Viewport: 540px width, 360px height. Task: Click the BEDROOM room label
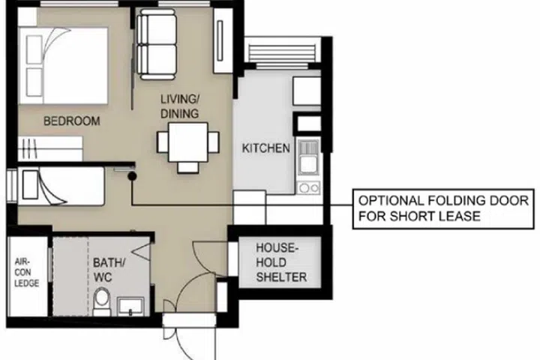click(71, 121)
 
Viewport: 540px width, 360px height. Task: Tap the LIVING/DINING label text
click(179, 106)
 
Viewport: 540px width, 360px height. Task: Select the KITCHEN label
click(265, 148)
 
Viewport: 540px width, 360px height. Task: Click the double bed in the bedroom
click(64, 63)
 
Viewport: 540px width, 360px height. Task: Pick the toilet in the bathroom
click(103, 302)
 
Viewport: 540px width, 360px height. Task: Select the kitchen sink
click(307, 159)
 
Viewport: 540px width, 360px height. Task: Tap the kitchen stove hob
click(307, 187)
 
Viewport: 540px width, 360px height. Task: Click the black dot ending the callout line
click(131, 176)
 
